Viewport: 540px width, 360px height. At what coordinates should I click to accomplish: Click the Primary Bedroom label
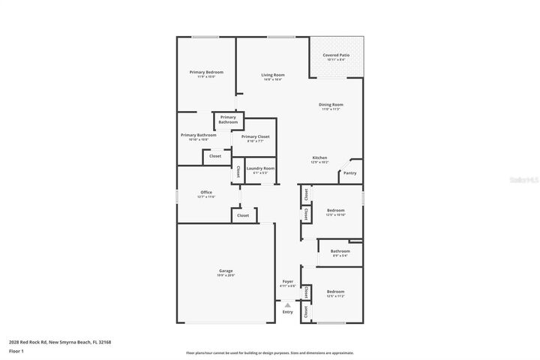point(202,72)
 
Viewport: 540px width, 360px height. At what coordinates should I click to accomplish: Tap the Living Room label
point(273,75)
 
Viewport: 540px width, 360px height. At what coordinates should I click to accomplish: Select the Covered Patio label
point(336,55)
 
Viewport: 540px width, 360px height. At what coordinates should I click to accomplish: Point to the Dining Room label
point(331,104)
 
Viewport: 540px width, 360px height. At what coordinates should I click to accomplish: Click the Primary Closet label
point(251,136)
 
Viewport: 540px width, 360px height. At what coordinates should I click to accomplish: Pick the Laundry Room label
point(260,168)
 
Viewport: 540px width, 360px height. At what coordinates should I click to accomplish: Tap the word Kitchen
point(320,157)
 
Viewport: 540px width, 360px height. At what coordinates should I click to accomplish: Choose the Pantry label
point(349,173)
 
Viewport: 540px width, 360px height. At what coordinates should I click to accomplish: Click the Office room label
point(206,192)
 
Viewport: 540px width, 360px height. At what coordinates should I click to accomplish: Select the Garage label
point(226,271)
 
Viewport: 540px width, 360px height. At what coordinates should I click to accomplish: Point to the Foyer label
point(287,281)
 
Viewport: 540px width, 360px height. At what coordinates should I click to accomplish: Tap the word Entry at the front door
point(287,312)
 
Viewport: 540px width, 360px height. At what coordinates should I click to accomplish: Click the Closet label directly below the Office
point(243,215)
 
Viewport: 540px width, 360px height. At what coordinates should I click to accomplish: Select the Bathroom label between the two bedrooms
point(340,250)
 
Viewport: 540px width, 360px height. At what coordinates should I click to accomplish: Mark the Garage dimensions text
point(226,275)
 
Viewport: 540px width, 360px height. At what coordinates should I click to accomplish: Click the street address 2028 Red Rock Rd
point(60,342)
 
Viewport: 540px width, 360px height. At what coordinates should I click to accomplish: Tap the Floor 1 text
point(16,351)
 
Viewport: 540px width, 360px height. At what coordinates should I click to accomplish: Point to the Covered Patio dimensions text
point(336,59)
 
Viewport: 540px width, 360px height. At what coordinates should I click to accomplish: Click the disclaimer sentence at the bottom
point(270,352)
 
